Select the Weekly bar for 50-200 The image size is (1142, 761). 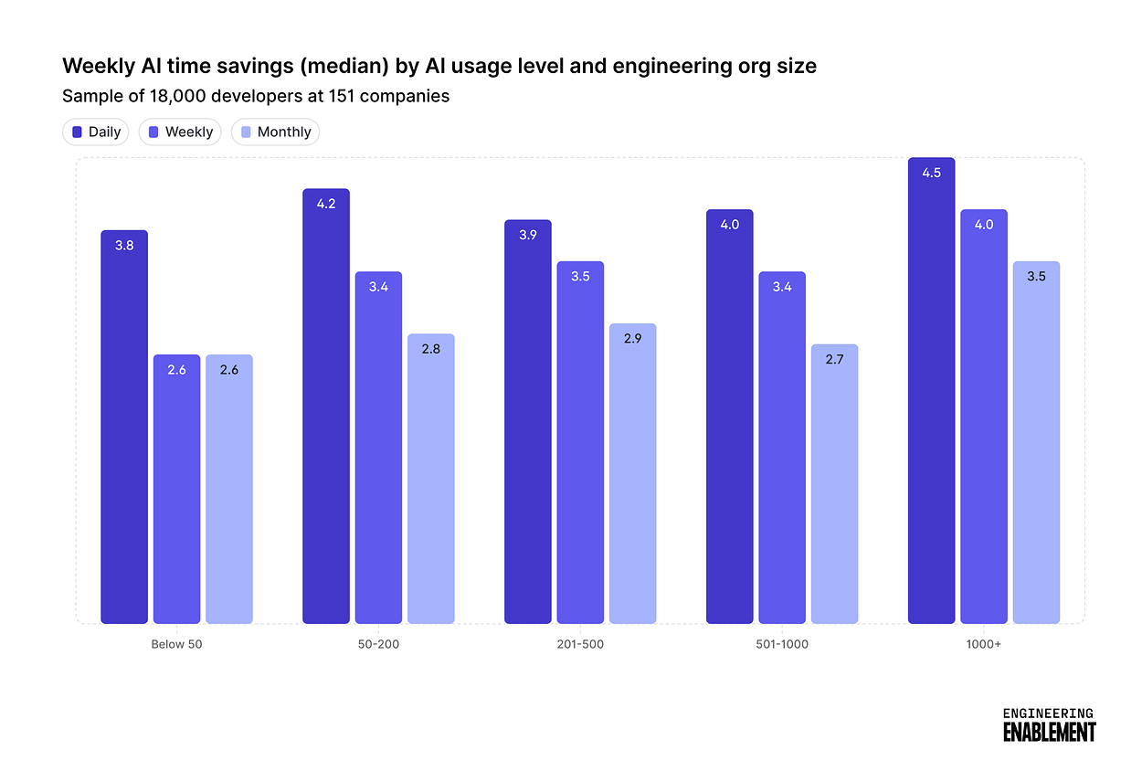point(378,448)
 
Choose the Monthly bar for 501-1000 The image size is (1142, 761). point(834,483)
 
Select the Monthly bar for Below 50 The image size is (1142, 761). point(229,489)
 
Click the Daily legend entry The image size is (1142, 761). point(96,132)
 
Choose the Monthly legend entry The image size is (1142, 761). point(275,132)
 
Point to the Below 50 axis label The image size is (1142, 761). point(176,644)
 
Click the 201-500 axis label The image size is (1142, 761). point(580,644)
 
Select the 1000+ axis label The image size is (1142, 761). point(984,644)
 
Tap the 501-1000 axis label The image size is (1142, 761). point(782,644)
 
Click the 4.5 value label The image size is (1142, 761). point(931,173)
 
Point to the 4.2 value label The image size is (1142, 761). point(326,204)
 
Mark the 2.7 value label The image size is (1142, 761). point(834,359)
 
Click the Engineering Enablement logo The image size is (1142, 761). point(1048,724)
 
